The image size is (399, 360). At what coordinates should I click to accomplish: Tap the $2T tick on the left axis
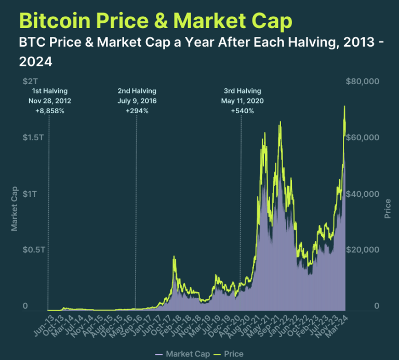click(30, 82)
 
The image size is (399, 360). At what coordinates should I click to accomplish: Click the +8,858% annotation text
click(49, 111)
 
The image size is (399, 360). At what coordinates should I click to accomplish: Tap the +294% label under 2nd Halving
click(137, 111)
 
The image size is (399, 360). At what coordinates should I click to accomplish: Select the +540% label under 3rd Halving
click(242, 111)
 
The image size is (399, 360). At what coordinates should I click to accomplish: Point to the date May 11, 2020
click(242, 101)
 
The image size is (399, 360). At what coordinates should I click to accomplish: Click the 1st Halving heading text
click(49, 91)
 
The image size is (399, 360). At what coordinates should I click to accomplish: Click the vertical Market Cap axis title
click(15, 208)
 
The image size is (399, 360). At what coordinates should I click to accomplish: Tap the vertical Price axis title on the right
click(388, 208)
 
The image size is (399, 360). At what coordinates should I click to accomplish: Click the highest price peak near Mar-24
click(344, 106)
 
